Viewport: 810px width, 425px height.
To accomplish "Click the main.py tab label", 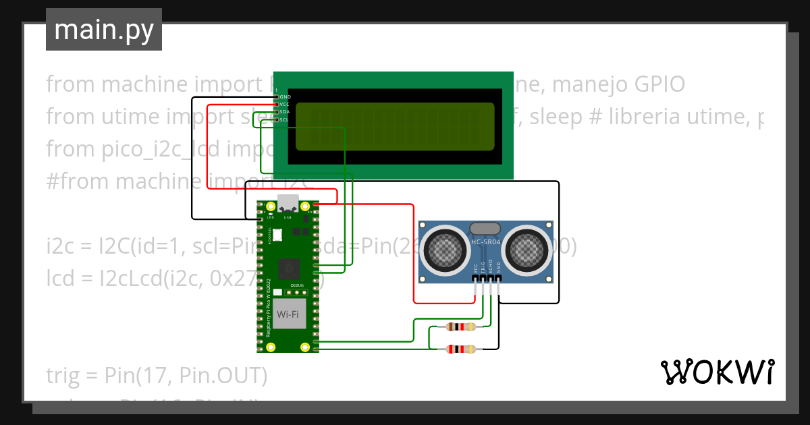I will [x=104, y=30].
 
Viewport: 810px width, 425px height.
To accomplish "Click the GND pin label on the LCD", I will [x=285, y=97].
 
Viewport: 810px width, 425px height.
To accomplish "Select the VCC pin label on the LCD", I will [x=285, y=105].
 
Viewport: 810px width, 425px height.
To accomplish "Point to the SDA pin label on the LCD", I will [x=285, y=112].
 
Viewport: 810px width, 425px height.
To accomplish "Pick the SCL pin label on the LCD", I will [x=285, y=119].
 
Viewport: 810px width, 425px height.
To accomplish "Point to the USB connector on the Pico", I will [x=288, y=202].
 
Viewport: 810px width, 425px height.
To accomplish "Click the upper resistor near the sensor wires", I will [x=460, y=327].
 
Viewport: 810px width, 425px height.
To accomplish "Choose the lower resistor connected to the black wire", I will [x=460, y=349].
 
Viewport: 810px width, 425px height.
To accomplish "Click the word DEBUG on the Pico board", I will [x=298, y=286].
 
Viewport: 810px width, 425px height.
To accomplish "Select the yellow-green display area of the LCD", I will [x=395, y=127].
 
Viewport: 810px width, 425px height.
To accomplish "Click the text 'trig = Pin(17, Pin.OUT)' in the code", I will [x=157, y=375].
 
